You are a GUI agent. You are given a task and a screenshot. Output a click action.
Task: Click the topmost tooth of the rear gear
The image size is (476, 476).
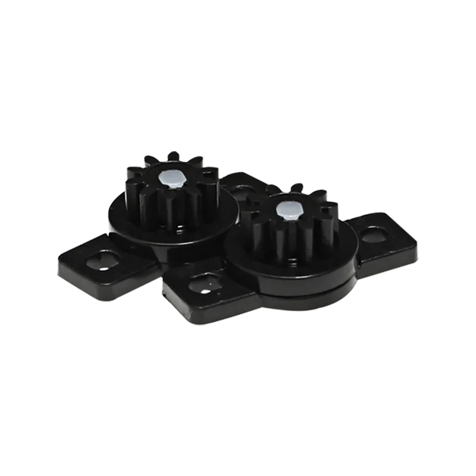click(173, 156)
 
